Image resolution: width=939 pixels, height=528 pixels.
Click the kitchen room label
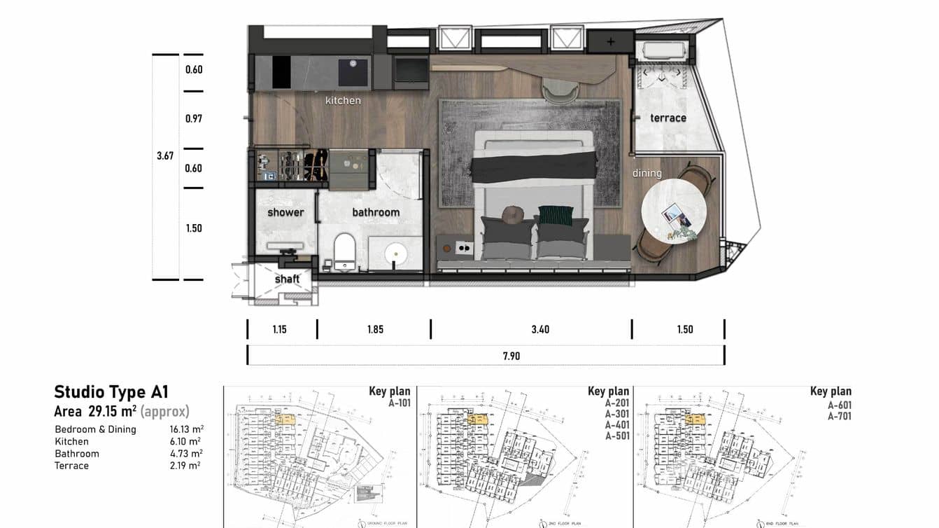[343, 101]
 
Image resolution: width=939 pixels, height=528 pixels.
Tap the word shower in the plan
[285, 212]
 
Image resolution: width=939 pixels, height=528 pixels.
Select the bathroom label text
[376, 212]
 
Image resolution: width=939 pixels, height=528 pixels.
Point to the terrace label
[668, 118]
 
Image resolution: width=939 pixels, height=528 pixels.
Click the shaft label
[287, 279]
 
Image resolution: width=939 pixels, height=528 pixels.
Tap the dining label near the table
[647, 173]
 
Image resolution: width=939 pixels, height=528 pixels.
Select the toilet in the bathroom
[344, 251]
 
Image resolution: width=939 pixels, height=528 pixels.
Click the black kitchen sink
[353, 71]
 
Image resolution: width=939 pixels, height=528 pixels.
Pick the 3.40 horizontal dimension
[540, 329]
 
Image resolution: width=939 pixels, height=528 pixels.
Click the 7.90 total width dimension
[511, 356]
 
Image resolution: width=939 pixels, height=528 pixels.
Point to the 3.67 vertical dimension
[165, 155]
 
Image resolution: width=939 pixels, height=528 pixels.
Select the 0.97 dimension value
[194, 119]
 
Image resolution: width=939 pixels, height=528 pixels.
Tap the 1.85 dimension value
[375, 329]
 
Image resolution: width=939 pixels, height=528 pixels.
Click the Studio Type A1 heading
[111, 392]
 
